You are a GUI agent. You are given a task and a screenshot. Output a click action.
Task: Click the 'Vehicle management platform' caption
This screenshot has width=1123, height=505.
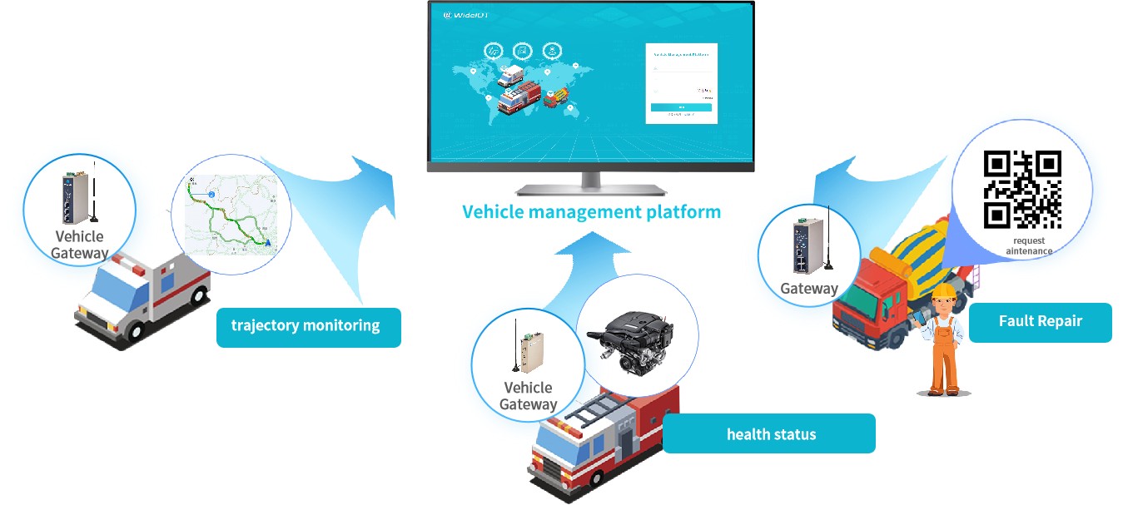click(x=591, y=211)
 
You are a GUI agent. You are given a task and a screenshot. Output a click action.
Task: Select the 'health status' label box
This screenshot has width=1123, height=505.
click(x=769, y=433)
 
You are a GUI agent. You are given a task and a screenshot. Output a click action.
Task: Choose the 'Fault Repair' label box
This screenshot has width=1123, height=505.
click(x=1040, y=321)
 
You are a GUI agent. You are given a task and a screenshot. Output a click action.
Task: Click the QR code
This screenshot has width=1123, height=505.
click(x=1022, y=189)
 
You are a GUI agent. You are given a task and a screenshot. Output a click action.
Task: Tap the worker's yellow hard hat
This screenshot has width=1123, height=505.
click(x=942, y=291)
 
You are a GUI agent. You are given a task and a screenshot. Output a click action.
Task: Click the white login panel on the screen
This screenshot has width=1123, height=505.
click(x=681, y=83)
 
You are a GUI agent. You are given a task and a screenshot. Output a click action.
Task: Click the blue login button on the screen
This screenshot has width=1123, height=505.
click(x=681, y=107)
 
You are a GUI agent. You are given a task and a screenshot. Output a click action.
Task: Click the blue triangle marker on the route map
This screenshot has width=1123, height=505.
click(x=268, y=243)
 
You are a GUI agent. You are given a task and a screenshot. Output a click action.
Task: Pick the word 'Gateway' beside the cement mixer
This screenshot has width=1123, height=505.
click(x=808, y=289)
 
